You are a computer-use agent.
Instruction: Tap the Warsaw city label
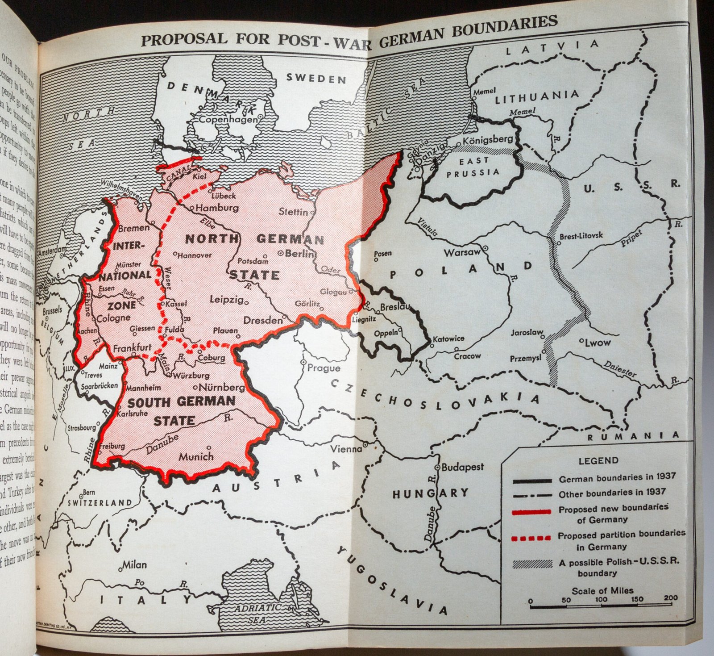point(461,253)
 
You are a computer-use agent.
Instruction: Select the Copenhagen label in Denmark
point(228,119)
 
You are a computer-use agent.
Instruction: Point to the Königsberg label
point(488,140)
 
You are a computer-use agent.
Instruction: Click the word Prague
point(324,368)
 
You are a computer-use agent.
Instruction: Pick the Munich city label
point(196,456)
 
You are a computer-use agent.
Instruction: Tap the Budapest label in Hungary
point(462,467)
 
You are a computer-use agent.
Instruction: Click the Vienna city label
point(346,448)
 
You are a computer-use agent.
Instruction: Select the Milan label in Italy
point(134,565)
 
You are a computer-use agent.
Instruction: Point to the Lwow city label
point(598,343)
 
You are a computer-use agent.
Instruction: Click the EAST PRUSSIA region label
point(473,167)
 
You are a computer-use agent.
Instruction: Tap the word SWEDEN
point(316,79)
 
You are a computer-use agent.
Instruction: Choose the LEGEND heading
point(598,460)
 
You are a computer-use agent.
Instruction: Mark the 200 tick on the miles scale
point(671,598)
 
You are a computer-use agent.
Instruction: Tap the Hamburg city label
point(217,208)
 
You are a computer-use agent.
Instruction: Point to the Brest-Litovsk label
point(581,236)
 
